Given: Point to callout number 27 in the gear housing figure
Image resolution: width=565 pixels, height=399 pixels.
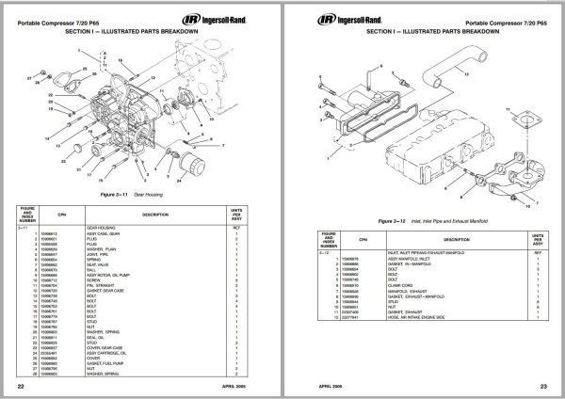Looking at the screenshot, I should click(30, 72).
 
